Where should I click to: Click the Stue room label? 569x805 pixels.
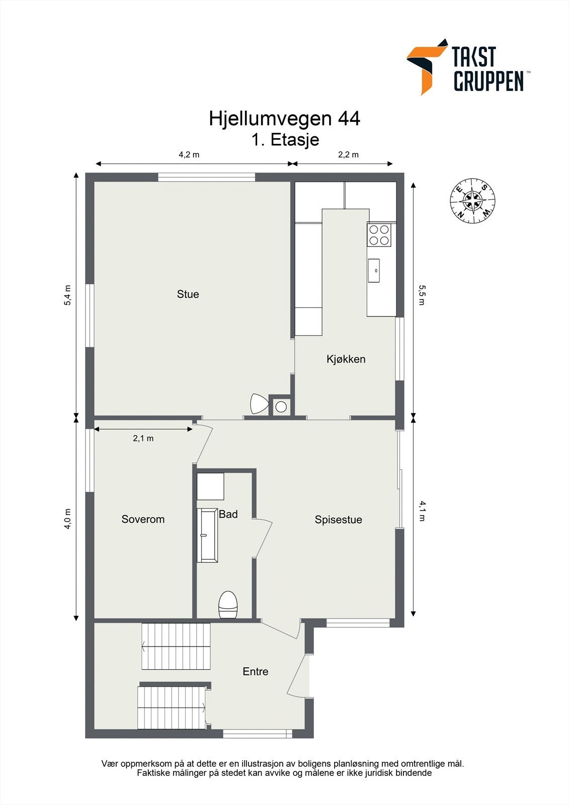tap(188, 294)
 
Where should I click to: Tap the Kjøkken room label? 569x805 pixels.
tap(346, 359)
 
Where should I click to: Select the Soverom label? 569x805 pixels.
tap(143, 519)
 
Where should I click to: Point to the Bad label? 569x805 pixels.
tap(228, 514)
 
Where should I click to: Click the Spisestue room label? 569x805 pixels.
tap(338, 520)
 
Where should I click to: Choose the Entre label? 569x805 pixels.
tap(255, 671)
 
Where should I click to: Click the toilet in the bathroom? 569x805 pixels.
tap(228, 604)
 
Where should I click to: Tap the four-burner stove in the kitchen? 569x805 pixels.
tap(379, 234)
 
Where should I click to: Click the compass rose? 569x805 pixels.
tap(472, 201)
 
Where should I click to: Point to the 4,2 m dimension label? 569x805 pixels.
tap(189, 154)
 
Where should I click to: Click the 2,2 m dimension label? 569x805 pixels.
tap(348, 154)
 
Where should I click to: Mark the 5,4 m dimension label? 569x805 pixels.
tap(68, 295)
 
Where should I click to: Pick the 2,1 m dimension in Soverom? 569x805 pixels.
tap(143, 438)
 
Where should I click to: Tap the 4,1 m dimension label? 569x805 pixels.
tap(422, 511)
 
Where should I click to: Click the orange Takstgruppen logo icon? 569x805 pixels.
tap(426, 65)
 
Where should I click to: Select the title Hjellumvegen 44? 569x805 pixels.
tap(284, 119)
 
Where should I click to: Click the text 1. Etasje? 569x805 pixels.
tap(285, 139)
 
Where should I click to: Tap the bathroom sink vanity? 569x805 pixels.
tap(207, 535)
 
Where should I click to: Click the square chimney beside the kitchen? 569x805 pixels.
tap(281, 407)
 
